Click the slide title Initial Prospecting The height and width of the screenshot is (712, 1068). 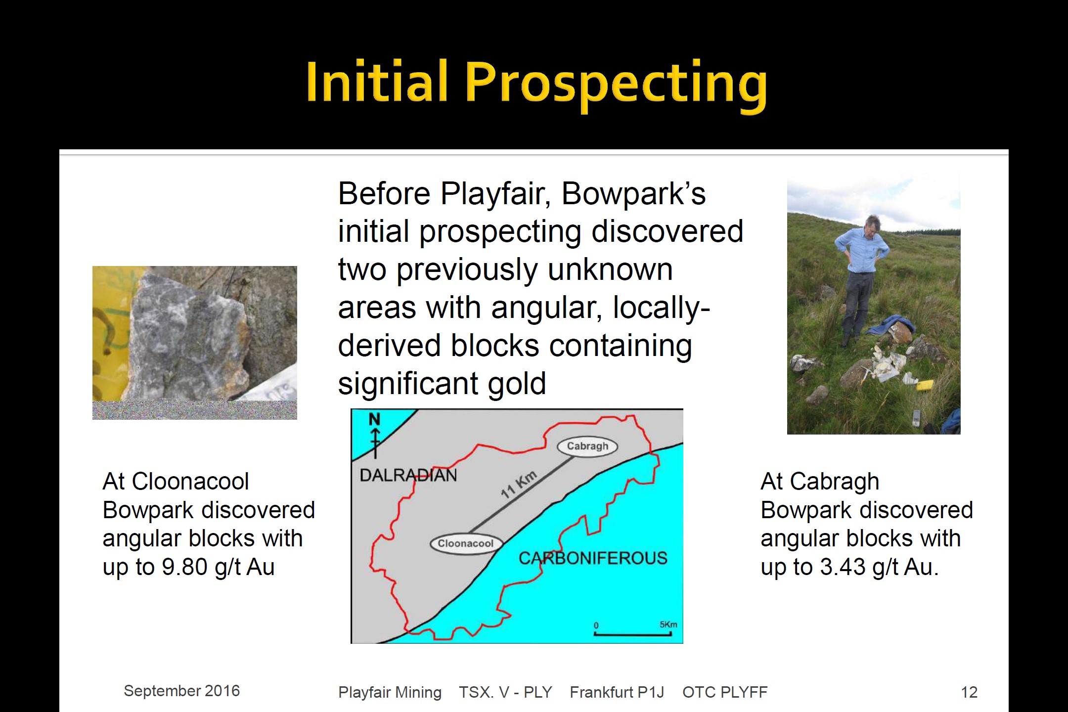(x=536, y=83)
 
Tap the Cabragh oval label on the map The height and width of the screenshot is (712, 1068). (x=587, y=446)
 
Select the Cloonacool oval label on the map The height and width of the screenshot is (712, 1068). (x=466, y=543)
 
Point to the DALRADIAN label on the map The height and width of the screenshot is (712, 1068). (x=408, y=475)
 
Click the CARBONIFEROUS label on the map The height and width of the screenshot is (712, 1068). (x=593, y=558)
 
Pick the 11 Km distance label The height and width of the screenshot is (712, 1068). (x=518, y=485)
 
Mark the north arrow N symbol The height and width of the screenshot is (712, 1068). (x=375, y=435)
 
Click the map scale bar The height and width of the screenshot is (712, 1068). (x=632, y=633)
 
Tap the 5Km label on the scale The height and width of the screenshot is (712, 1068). (x=668, y=624)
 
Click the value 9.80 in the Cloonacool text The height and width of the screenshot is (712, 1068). (x=184, y=567)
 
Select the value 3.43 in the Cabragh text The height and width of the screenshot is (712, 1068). (x=843, y=567)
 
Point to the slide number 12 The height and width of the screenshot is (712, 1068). (x=969, y=692)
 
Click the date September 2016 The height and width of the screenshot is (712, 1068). (x=181, y=691)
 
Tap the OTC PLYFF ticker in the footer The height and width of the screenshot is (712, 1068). (x=725, y=692)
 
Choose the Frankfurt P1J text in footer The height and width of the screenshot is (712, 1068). (x=617, y=692)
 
